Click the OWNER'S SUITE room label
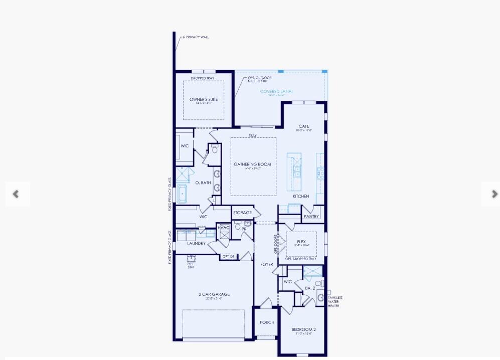(x=204, y=99)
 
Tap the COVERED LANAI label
(x=276, y=91)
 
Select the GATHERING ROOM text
(x=252, y=164)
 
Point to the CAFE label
(x=304, y=126)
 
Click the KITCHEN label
(x=301, y=196)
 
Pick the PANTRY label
(x=311, y=217)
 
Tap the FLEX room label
(x=301, y=242)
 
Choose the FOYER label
(x=267, y=264)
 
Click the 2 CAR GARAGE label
(x=214, y=294)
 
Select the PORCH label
(x=267, y=322)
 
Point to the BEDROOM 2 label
(x=304, y=329)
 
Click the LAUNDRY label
(x=197, y=244)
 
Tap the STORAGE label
(x=242, y=213)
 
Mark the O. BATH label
(x=203, y=183)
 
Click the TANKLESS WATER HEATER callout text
(x=335, y=302)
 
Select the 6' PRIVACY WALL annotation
(x=196, y=37)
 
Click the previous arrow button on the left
(x=16, y=194)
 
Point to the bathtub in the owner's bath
(x=183, y=193)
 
